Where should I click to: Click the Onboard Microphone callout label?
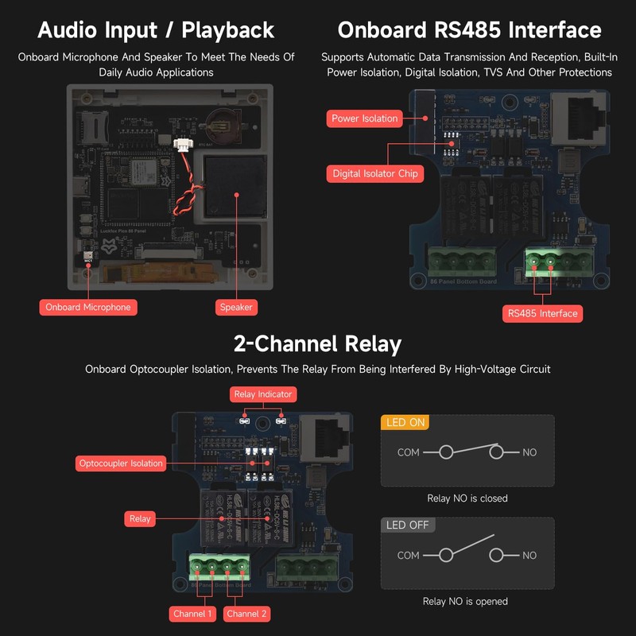point(88,307)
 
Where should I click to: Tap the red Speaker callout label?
point(236,307)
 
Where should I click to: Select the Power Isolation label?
point(365,118)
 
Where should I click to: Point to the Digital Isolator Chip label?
point(375,173)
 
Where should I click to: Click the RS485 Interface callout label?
point(542,313)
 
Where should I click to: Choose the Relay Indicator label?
point(263,394)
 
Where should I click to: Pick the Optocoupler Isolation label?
point(121,463)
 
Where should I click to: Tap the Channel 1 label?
point(192,614)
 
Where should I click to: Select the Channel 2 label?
point(247,614)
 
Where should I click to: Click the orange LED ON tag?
point(405,423)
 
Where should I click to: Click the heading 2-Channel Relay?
point(317,344)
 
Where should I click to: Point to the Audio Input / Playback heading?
point(156,30)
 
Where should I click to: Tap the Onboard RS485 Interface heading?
point(469,30)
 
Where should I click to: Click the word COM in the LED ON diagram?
point(409,452)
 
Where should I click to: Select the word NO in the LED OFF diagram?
point(529,556)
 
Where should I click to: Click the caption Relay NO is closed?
point(467,498)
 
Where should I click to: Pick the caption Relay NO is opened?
point(467,602)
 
